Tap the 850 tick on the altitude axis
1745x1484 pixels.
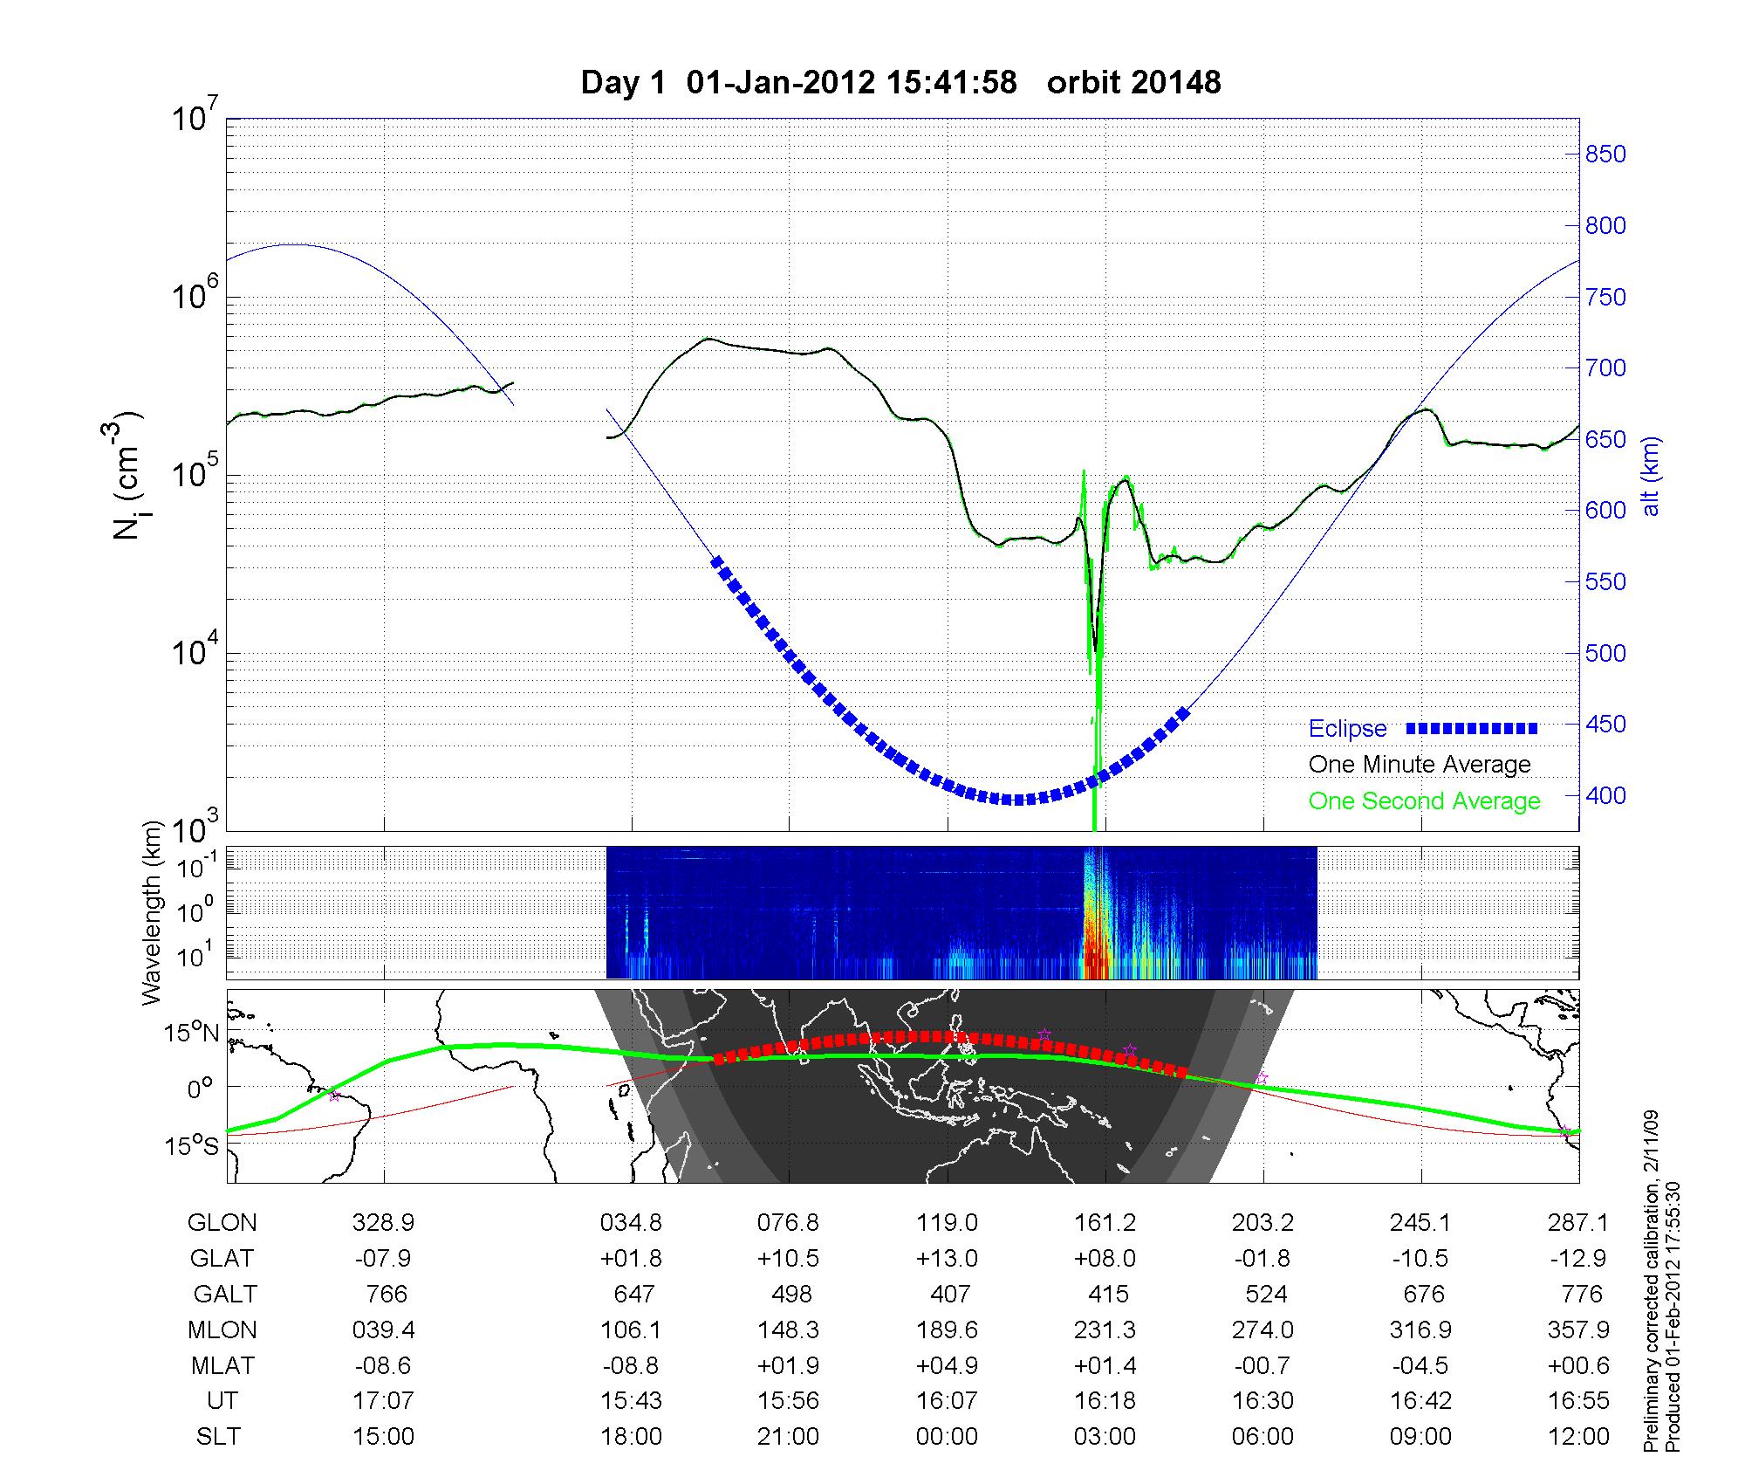pyautogui.click(x=1605, y=155)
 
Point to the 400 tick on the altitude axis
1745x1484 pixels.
pyautogui.click(x=1605, y=796)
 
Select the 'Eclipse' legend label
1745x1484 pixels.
pyautogui.click(x=1347, y=729)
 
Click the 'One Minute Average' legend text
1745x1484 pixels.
pyautogui.click(x=1420, y=765)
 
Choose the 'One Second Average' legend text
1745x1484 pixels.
pyautogui.click(x=1424, y=801)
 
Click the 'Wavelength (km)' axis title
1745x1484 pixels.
pyautogui.click(x=154, y=912)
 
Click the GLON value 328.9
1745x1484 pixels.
pyautogui.click(x=384, y=1223)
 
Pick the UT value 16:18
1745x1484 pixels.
pyautogui.click(x=1105, y=1401)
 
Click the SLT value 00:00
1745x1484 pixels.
pyautogui.click(x=948, y=1437)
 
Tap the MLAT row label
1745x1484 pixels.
pyautogui.click(x=222, y=1365)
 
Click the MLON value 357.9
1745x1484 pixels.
pyautogui.click(x=1579, y=1329)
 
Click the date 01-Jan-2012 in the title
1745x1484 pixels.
pyautogui.click(x=780, y=83)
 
